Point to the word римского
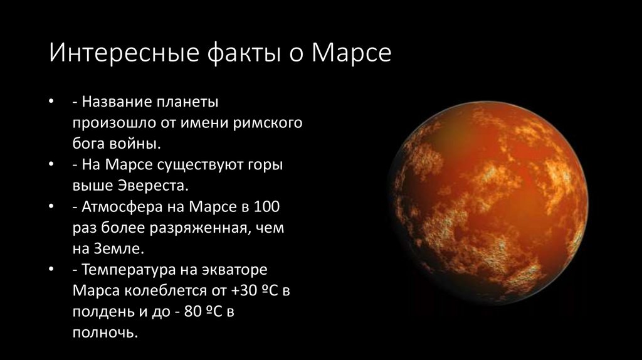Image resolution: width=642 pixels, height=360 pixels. (270, 122)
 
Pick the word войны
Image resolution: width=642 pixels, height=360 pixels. (136, 144)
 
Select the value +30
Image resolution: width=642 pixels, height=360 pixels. (243, 291)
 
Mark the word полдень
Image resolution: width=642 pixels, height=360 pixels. (100, 312)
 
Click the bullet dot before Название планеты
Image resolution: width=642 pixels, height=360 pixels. (51, 102)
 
